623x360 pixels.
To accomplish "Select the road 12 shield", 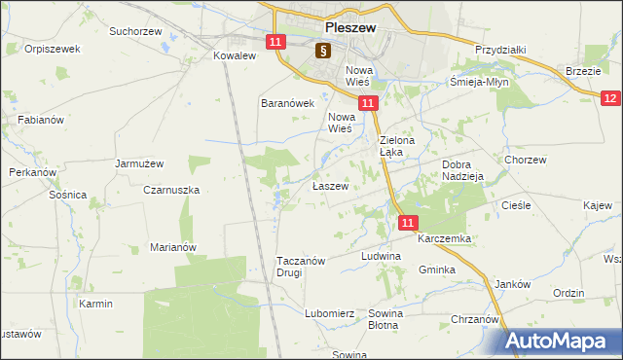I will pos(610,98).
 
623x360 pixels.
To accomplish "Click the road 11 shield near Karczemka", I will pos(408,223).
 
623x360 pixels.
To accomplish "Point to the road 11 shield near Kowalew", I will pos(275,42).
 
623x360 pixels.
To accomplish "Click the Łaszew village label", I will pos(330,185).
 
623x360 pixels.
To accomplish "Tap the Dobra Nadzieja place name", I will pos(463,170).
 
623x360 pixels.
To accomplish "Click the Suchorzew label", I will pos(135,31).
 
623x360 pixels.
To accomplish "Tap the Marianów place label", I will pos(173,247).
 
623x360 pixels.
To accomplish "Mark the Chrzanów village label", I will pos(475,318).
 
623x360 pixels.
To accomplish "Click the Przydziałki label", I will pos(500,50).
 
